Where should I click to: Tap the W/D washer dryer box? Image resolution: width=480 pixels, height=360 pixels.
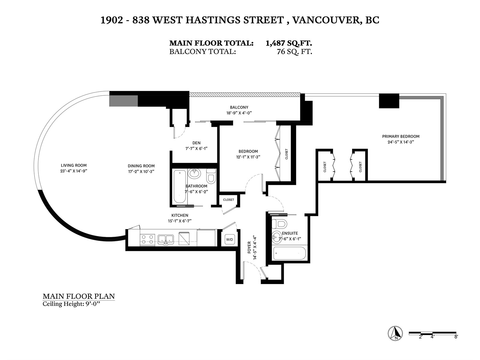[229, 239]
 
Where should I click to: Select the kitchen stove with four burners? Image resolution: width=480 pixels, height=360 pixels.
[147, 239]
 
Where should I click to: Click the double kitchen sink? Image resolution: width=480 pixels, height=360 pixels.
[166, 240]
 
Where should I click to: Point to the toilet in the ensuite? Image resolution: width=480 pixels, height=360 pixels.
[279, 224]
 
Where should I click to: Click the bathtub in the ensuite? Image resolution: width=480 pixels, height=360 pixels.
[289, 253]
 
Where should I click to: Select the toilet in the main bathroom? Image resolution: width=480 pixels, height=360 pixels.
[211, 176]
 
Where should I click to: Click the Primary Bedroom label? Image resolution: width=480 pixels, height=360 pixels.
[400, 136]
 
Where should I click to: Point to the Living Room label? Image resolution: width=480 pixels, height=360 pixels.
[74, 166]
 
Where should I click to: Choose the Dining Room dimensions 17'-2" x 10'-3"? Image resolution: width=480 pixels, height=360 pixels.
[141, 172]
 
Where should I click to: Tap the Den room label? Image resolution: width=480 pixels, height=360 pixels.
[196, 143]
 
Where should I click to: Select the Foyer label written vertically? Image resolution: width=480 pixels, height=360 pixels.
[249, 247]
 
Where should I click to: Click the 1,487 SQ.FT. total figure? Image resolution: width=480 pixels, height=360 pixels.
[289, 43]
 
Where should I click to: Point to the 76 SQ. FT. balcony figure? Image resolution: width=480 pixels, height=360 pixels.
[294, 52]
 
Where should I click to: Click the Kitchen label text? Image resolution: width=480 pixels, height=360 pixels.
[180, 215]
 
